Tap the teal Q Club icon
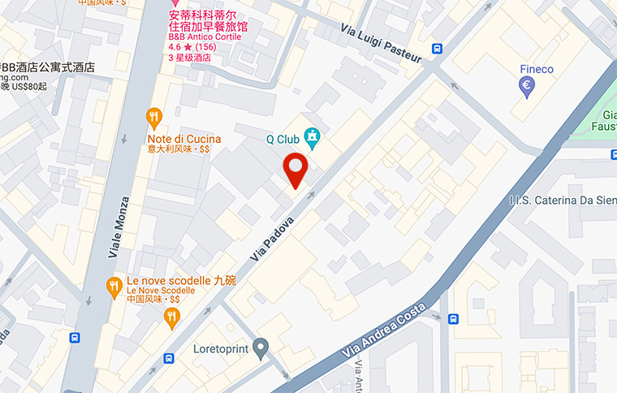tap(311, 137)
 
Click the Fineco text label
tap(537, 69)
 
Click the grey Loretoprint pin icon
tap(261, 348)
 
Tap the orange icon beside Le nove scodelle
tap(114, 286)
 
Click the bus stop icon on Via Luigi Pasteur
tap(438, 49)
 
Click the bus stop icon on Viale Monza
tap(76, 338)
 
